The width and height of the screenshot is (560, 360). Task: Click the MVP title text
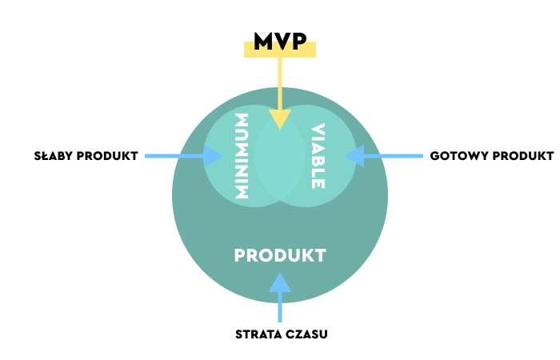tap(280, 41)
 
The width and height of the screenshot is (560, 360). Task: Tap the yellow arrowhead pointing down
tap(280, 119)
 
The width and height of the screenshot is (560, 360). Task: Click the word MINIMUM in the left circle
tap(242, 156)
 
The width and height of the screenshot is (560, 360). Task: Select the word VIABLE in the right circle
tap(318, 156)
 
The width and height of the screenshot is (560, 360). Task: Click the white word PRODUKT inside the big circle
tap(280, 255)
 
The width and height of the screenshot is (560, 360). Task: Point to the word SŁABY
tap(54, 156)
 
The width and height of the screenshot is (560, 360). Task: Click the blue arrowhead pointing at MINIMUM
tap(214, 156)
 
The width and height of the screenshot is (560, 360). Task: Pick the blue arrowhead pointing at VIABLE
tap(354, 156)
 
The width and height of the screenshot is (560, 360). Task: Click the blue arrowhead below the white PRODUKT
tap(280, 282)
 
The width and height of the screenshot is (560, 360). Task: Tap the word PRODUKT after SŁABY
tap(107, 156)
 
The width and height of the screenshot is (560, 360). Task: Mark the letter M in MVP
tap(263, 41)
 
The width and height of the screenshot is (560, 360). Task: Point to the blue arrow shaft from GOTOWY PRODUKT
tap(394, 156)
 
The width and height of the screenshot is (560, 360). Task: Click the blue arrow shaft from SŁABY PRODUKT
tap(174, 156)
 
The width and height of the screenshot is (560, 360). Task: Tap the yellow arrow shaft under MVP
tap(280, 83)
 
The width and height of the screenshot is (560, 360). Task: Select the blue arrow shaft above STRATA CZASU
tap(280, 306)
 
